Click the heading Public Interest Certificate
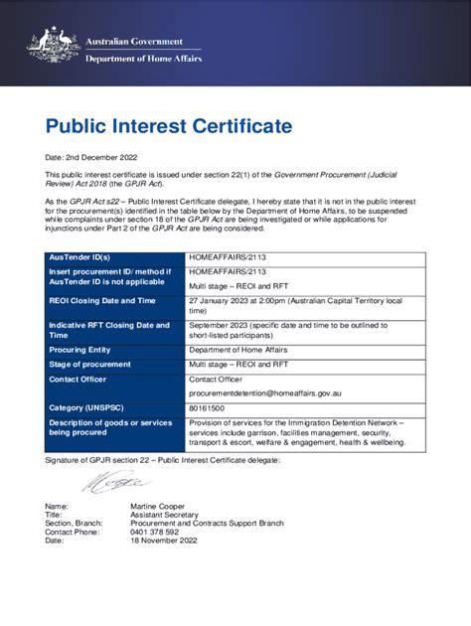pyautogui.click(x=169, y=126)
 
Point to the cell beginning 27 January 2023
pyautogui.click(x=294, y=303)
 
